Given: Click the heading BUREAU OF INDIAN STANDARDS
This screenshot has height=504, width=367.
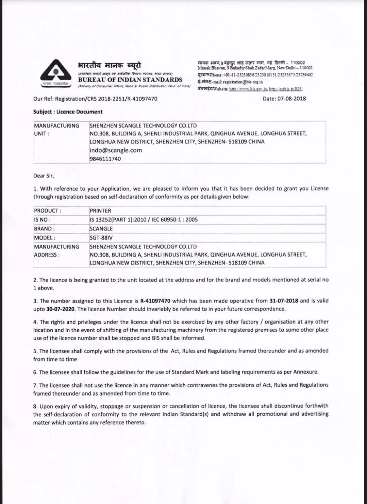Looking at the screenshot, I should (130, 80).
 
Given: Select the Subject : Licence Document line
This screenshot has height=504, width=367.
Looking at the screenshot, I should (68, 112).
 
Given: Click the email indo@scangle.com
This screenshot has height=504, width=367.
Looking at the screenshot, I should (116, 150).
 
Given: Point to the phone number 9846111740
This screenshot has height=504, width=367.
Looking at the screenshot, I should (105, 159).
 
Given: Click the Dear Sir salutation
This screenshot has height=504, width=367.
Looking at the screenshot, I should (44, 176).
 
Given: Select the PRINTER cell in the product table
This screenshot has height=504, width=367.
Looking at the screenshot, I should (100, 211).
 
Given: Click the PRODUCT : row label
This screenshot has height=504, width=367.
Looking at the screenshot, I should (48, 211).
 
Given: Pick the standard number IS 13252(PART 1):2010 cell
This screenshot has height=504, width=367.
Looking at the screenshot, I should (144, 220).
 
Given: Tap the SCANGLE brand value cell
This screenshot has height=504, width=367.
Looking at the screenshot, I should (101, 229).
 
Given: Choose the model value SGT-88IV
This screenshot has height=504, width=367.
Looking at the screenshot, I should (101, 238).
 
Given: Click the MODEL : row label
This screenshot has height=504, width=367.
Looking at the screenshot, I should (45, 238).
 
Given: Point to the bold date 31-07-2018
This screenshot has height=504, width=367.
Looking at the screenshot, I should (284, 301).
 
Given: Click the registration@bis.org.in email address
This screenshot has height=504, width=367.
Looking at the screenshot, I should (243, 82).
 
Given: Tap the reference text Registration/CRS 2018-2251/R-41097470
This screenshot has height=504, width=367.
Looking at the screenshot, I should (106, 99).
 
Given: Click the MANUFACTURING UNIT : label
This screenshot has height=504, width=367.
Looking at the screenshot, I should (56, 129).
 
